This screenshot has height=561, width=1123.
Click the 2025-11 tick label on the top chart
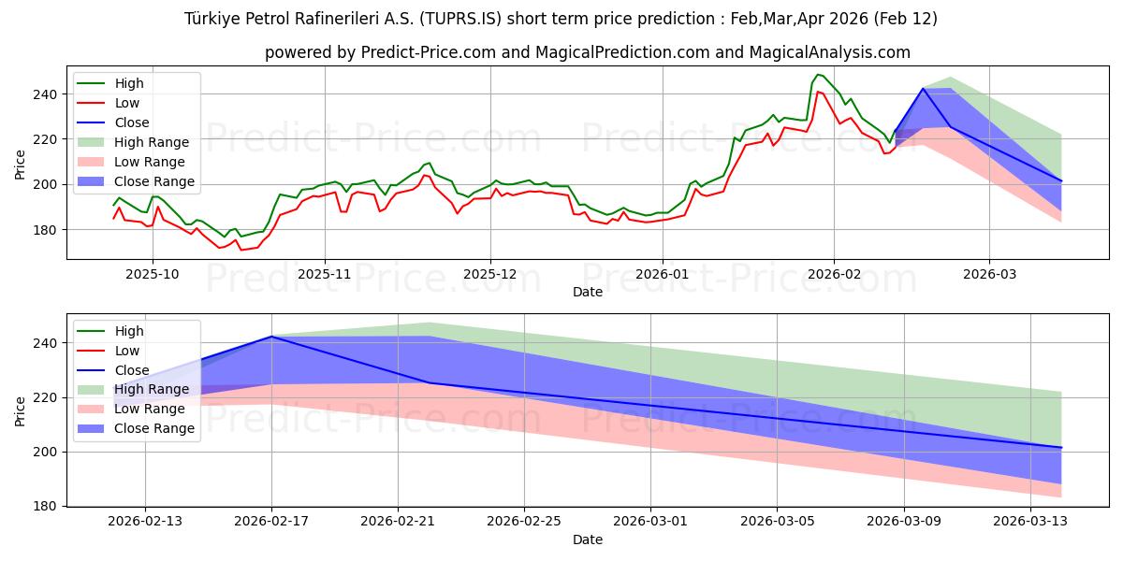(x=325, y=274)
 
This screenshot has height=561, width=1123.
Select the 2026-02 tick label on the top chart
(x=834, y=274)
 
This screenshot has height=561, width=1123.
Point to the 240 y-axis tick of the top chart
(x=48, y=94)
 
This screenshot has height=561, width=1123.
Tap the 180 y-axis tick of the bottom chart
(x=48, y=506)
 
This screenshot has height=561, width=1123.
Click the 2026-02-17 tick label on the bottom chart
(x=271, y=522)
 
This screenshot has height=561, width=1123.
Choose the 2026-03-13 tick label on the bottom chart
(x=1030, y=522)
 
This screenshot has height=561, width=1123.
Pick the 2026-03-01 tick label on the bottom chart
(x=650, y=522)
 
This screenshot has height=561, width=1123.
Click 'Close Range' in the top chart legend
(x=154, y=181)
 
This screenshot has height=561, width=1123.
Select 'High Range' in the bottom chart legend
(x=154, y=390)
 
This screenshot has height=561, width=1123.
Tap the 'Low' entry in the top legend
(x=127, y=103)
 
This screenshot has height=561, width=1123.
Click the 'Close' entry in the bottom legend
(x=132, y=370)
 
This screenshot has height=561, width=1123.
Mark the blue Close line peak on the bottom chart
(x=271, y=337)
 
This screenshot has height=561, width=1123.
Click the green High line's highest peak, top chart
(x=818, y=75)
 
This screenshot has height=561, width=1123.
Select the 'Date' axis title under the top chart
(x=588, y=292)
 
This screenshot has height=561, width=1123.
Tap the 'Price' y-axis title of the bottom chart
(x=20, y=410)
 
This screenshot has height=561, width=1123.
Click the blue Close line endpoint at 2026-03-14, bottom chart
(x=1061, y=448)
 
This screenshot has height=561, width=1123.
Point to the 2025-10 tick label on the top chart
(x=153, y=274)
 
